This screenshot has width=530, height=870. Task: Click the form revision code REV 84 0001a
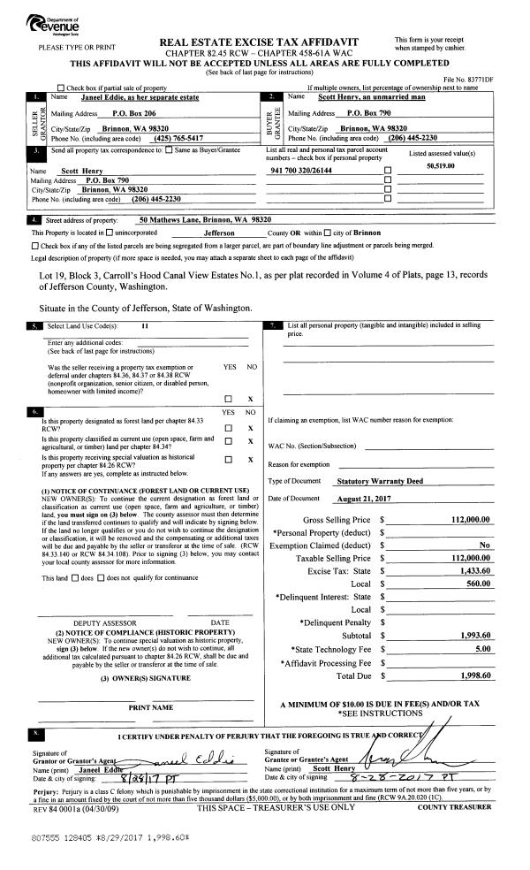[59, 806]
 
